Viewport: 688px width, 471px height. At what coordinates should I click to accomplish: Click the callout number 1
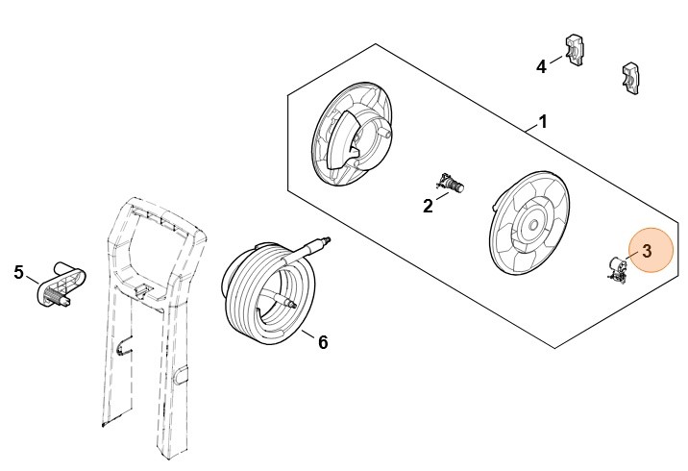point(543,121)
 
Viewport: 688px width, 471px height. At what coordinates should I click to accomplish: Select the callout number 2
point(428,206)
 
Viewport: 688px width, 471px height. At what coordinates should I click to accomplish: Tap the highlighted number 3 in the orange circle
point(648,251)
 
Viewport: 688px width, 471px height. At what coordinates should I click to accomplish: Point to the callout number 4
point(541,66)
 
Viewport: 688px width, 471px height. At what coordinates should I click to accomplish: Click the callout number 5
point(18,272)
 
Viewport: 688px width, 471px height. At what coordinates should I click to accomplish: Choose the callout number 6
point(323,342)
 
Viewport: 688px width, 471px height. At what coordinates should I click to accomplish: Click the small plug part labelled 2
point(451,183)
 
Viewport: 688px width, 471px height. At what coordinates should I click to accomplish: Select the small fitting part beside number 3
point(617,269)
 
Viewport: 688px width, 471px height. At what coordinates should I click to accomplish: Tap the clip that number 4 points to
point(574,50)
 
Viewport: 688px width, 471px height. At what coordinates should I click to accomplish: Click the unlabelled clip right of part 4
point(630,78)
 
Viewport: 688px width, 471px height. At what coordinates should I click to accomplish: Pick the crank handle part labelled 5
point(61,284)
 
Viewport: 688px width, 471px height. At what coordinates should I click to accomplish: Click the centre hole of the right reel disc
point(533,225)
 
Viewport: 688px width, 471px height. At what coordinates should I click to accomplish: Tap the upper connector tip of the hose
point(326,241)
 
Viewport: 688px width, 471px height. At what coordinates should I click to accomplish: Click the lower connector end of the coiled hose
point(290,303)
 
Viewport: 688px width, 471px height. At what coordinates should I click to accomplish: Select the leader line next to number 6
point(308,335)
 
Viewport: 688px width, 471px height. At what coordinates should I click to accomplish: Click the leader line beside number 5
point(33,279)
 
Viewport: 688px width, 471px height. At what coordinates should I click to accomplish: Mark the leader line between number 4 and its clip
point(556,60)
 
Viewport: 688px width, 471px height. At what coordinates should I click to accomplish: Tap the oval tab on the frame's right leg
point(181,376)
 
